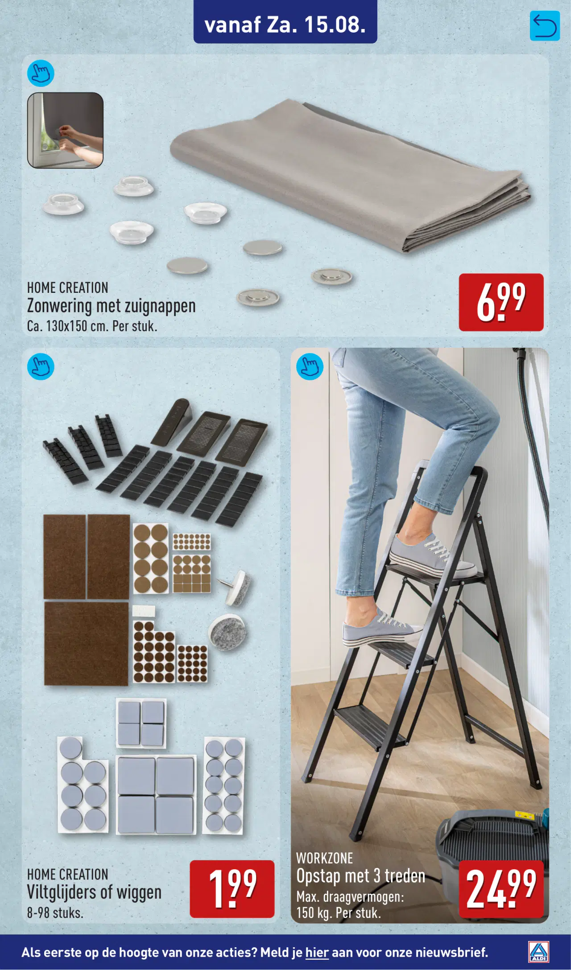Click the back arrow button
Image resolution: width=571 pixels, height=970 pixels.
[545, 26]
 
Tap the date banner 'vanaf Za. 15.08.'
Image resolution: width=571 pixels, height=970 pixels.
[285, 25]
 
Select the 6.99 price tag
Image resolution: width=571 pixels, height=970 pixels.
[501, 302]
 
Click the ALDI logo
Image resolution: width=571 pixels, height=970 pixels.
[538, 952]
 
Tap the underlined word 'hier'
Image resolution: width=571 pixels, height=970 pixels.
[317, 953]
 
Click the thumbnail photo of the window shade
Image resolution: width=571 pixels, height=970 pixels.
[65, 130]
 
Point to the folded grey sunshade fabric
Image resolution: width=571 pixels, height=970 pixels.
[350, 176]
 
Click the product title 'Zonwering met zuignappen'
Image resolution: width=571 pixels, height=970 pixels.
[112, 306]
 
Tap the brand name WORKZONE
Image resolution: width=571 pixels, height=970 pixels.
[324, 858]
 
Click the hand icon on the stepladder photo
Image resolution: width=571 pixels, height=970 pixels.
[310, 366]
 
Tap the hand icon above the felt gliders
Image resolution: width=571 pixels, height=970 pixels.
[41, 366]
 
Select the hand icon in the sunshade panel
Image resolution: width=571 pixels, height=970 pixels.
[41, 73]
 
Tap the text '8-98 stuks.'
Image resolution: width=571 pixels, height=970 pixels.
[55, 912]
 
